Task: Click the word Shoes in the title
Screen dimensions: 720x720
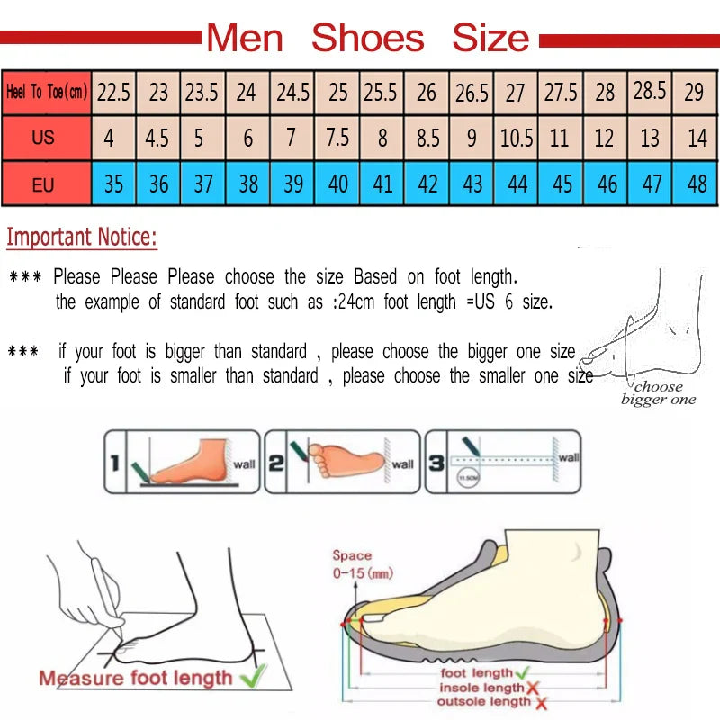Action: pyautogui.click(x=367, y=39)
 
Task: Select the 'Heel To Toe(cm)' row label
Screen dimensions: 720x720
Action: pyautogui.click(x=46, y=92)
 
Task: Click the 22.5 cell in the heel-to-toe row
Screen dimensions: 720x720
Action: pyautogui.click(x=114, y=92)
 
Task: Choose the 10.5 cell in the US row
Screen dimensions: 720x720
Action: pyautogui.click(x=516, y=139)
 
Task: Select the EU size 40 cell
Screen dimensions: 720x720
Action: pyautogui.click(x=337, y=184)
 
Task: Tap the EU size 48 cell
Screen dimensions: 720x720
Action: pyautogui.click(x=697, y=184)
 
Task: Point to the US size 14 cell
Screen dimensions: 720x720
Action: pyautogui.click(x=697, y=139)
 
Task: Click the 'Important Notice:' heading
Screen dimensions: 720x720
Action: pyautogui.click(x=82, y=238)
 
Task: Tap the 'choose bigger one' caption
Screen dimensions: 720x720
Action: pyautogui.click(x=658, y=393)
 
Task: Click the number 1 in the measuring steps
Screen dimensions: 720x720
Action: pyautogui.click(x=114, y=463)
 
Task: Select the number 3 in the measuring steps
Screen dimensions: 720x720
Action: pyautogui.click(x=436, y=463)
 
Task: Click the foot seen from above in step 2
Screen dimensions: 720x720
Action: pyautogui.click(x=346, y=459)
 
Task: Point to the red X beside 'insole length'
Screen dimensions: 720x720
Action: pyautogui.click(x=532, y=688)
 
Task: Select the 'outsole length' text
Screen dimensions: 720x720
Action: pyautogui.click(x=484, y=701)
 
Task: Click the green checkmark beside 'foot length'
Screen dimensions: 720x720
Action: pyautogui.click(x=522, y=672)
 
